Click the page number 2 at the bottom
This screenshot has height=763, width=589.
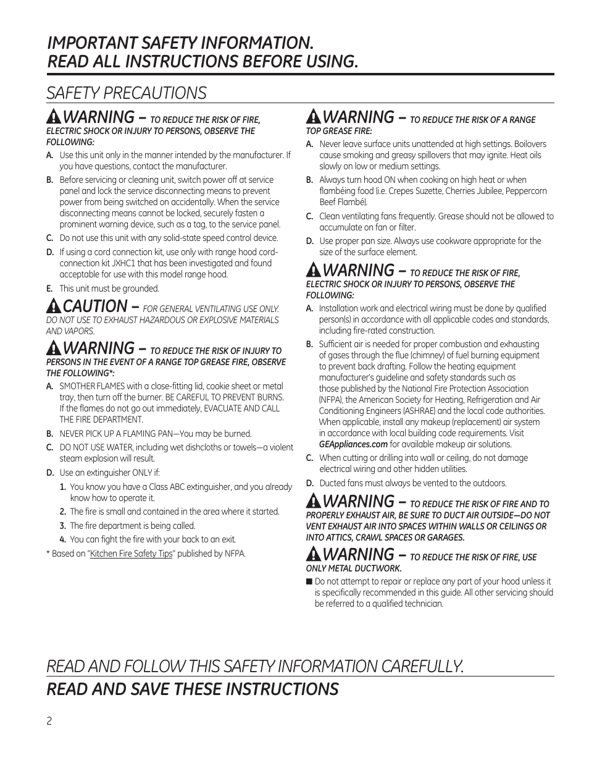pos(49,722)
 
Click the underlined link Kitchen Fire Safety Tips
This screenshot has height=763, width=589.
pos(131,554)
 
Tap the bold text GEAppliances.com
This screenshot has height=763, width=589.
pos(353,444)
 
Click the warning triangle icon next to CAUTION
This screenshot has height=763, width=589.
pos(54,305)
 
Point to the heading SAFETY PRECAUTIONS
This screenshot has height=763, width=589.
pos(127,93)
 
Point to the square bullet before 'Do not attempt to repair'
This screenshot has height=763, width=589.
pos(309,581)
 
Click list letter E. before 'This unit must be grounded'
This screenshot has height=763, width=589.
pos(49,289)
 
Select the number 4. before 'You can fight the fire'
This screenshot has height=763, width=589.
pos(63,539)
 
